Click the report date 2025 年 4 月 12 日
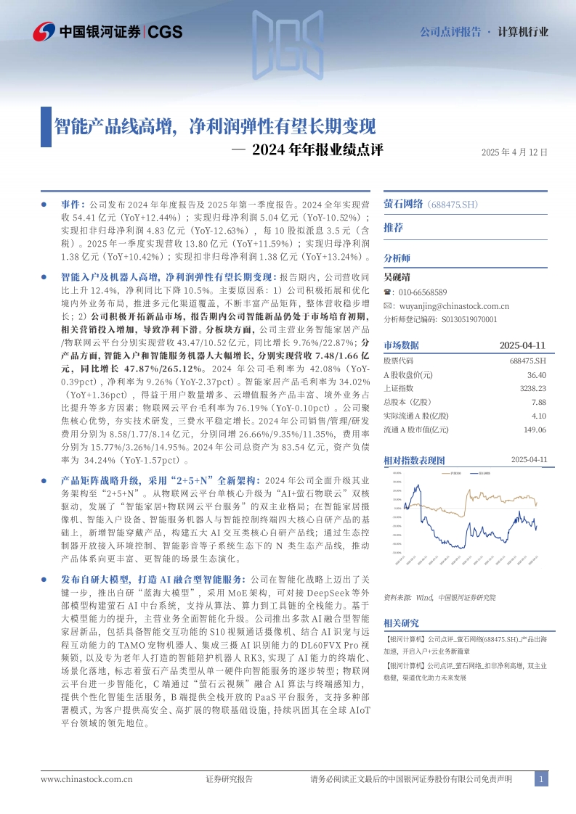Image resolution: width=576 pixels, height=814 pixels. pos(514,152)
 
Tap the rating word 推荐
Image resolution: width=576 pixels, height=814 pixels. pos(393,228)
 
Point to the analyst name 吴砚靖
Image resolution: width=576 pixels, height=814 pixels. pos(397,276)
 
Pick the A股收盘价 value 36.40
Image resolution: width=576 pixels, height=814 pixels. pos(537,374)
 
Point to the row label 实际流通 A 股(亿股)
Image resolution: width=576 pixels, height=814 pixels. pos(416,416)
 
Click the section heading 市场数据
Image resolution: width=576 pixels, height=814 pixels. pos(401,345)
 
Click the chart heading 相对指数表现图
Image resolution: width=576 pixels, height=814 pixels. pos(414,460)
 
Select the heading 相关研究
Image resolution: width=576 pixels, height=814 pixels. pos(401,622)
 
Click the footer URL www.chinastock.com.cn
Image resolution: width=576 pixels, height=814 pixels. pos(86,779)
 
